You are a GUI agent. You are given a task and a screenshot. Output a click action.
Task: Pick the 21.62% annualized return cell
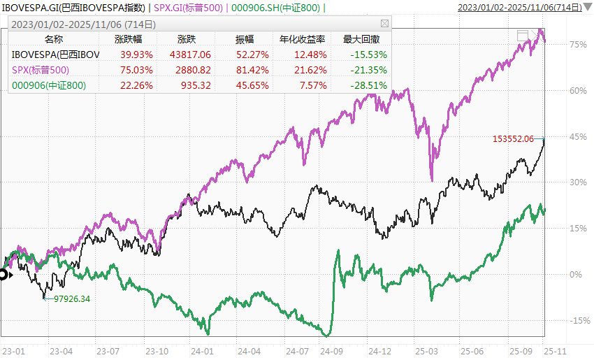pos(312,69)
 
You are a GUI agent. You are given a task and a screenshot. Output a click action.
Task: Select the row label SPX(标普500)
pos(41,69)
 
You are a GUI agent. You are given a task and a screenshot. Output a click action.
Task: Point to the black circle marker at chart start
pos(3,275)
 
